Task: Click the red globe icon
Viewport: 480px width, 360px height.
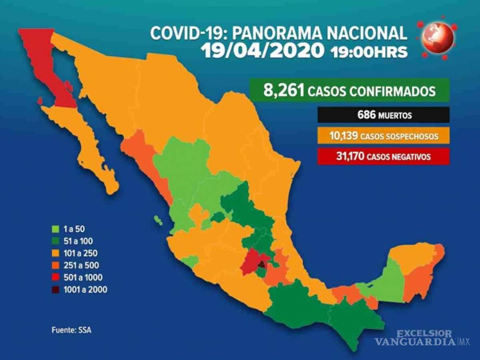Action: pos(438,39)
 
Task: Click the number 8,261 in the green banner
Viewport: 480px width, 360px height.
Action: pos(284,91)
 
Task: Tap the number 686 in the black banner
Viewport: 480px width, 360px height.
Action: pos(366,115)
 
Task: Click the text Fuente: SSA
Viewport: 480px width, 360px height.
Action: pos(68,330)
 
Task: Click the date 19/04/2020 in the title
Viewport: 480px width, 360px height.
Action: pos(262,51)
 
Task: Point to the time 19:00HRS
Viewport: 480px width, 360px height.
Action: pos(369,52)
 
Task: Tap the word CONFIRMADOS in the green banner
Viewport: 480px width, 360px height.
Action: pos(392,91)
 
